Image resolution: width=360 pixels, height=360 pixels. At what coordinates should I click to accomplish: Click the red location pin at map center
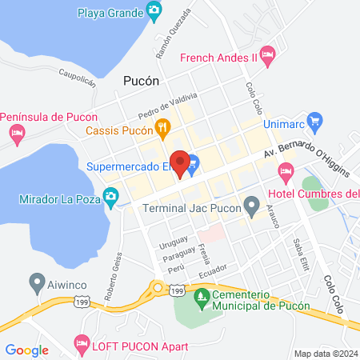tap(180, 162)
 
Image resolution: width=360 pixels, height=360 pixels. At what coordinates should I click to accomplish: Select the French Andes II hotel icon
tap(268, 56)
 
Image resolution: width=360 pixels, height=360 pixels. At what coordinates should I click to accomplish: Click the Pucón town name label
tap(142, 81)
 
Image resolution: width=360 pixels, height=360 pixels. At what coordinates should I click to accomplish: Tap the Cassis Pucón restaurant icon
tap(162, 127)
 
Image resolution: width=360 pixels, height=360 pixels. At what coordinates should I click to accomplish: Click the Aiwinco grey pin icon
tap(35, 282)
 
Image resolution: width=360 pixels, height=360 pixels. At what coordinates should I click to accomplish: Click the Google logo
tap(27, 350)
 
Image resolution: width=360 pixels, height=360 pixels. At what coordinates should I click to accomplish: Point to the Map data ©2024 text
tap(324, 353)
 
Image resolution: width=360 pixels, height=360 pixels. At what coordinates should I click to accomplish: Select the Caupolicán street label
tap(77, 77)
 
